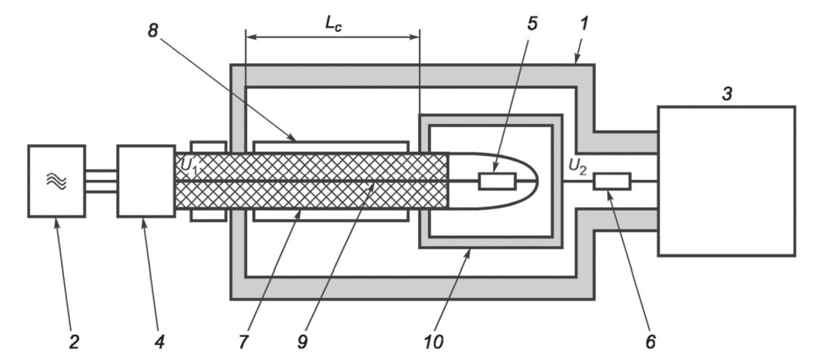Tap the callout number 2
(x=74, y=341)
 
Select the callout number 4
(x=159, y=341)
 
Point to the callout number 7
(x=244, y=341)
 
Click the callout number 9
(x=302, y=341)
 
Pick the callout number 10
(x=433, y=341)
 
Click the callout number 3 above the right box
(x=727, y=94)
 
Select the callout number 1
(x=583, y=24)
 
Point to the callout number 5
(x=532, y=24)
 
